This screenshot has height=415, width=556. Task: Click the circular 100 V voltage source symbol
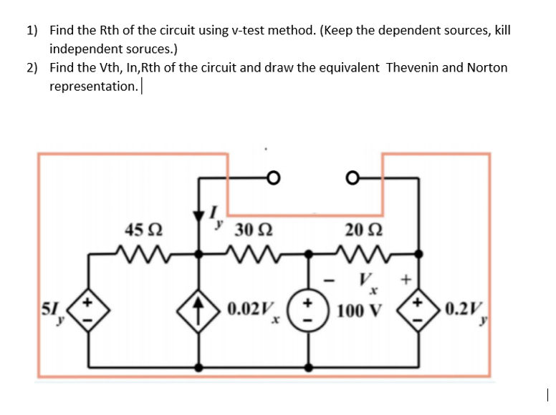310,311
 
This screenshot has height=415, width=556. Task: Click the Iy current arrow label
215,215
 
